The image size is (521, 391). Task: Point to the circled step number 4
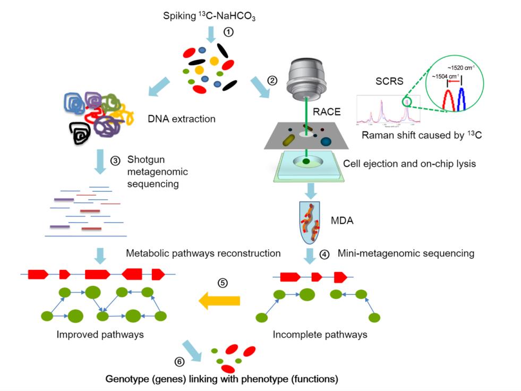pyautogui.click(x=325, y=253)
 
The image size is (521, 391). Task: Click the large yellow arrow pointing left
pyautogui.click(x=219, y=301)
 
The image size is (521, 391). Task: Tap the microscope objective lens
pyautogui.click(x=306, y=76)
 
